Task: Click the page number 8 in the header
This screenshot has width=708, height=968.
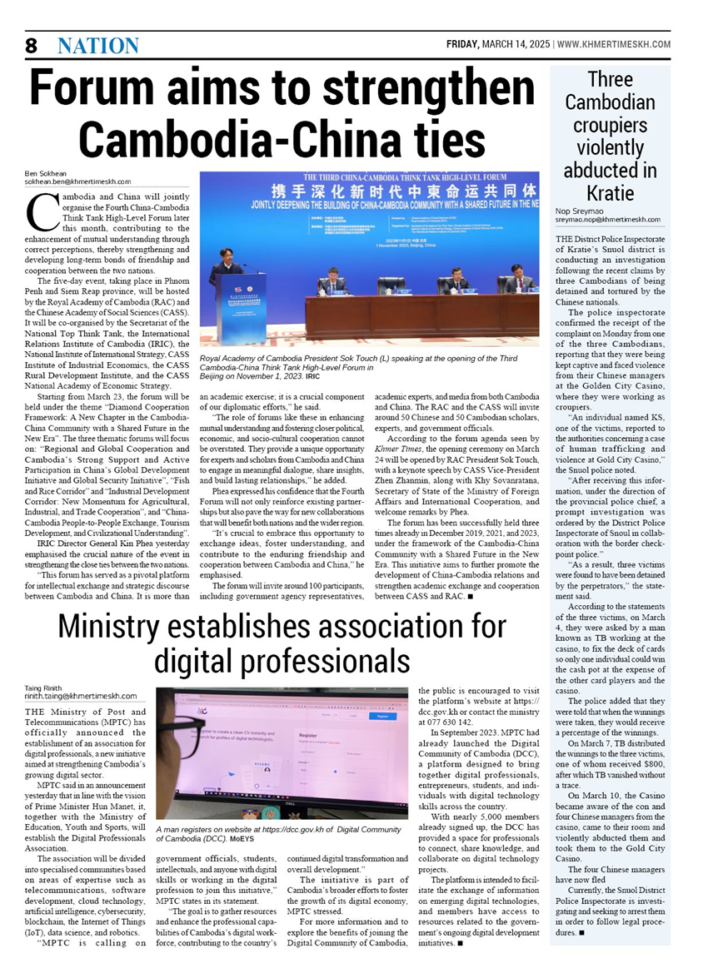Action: (31, 46)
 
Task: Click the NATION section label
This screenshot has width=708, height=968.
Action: (98, 46)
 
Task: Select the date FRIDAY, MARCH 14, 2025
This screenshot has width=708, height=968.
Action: (497, 43)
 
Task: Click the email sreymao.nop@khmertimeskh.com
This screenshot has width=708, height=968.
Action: (608, 220)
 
